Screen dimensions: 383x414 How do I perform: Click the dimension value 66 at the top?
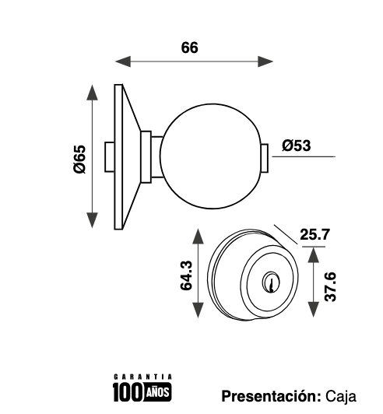pos(189,47)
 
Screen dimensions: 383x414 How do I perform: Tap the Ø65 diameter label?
pos(79,159)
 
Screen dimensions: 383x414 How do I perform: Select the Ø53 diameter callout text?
pos(297,146)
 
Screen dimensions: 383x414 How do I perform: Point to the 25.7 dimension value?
pos(314,234)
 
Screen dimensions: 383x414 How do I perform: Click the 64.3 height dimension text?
pos(186,275)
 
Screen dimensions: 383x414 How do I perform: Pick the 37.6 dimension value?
pos(330,286)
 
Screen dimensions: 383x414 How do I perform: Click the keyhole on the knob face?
pos(270,282)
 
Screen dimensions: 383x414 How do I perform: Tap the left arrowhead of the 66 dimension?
pos(123,61)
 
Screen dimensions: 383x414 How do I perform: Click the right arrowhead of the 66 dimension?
pos(265,61)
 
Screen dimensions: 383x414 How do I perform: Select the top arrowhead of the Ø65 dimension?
pos(92,93)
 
